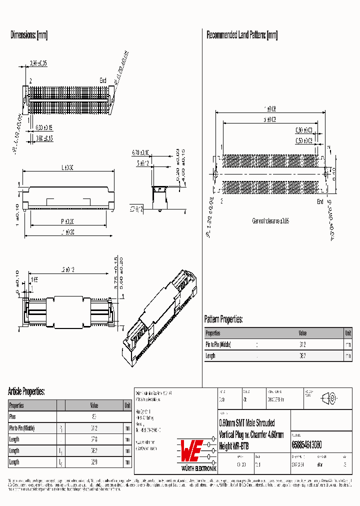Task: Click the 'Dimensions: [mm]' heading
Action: pyautogui.click(x=29, y=35)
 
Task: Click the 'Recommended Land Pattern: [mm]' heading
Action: pyautogui.click(x=241, y=35)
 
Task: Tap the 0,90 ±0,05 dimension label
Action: pyautogui.click(x=38, y=63)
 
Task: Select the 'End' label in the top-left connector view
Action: pyautogui.click(x=102, y=80)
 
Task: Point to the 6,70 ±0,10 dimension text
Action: pyautogui.click(x=141, y=152)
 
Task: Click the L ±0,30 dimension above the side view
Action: pyautogui.click(x=67, y=168)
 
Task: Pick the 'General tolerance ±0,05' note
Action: pyautogui.click(x=270, y=220)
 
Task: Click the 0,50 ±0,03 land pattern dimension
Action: pyautogui.click(x=303, y=141)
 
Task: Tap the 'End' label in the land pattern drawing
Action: pyautogui.click(x=320, y=201)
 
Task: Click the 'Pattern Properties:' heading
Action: pyautogui.click(x=223, y=319)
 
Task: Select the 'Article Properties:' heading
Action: pyautogui.click(x=26, y=391)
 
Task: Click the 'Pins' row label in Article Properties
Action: pyautogui.click(x=13, y=416)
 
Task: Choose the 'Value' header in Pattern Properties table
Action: pyautogui.click(x=302, y=333)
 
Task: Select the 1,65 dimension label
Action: pyautogui.click(x=34, y=279)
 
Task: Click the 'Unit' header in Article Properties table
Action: pyautogui.click(x=127, y=405)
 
